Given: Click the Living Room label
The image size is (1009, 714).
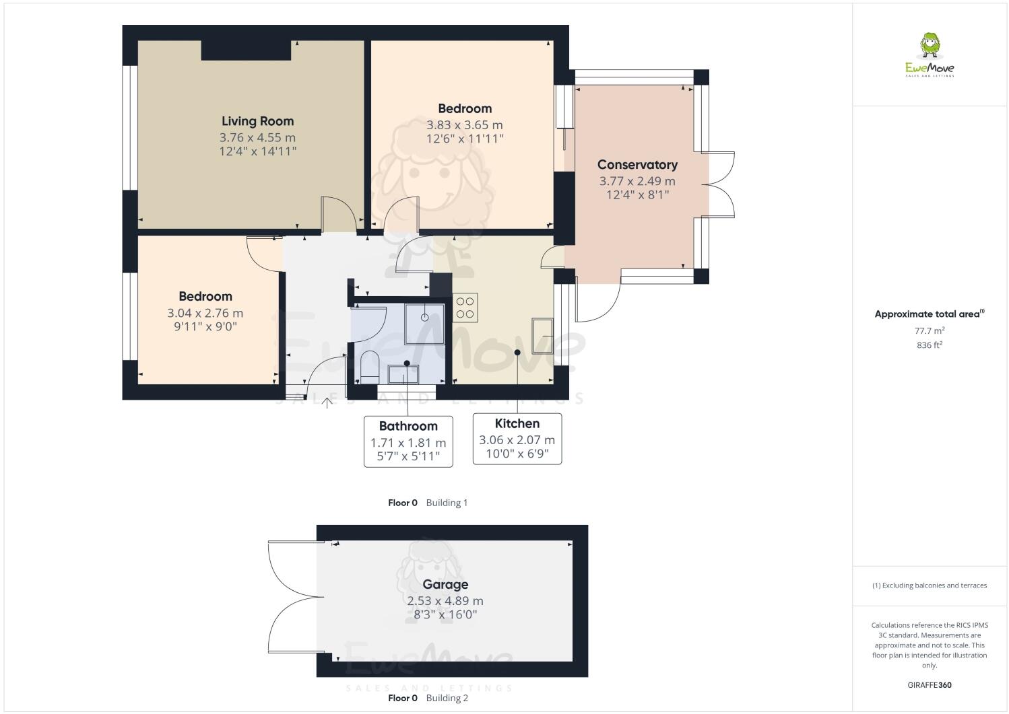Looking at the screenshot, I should click(257, 121).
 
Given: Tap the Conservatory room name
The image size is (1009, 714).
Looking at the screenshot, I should click(637, 165).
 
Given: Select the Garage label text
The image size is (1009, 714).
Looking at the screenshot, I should click(445, 584).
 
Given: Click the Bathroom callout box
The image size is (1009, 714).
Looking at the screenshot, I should click(408, 441).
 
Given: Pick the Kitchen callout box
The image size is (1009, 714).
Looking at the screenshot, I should click(517, 439).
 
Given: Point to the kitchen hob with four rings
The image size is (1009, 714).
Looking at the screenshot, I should click(465, 308).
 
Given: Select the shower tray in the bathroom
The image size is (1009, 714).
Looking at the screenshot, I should click(425, 323).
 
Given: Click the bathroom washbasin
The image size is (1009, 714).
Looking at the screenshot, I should click(403, 373).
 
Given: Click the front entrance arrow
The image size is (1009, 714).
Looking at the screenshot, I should click(328, 402).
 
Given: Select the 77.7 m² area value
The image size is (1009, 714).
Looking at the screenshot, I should click(930, 330).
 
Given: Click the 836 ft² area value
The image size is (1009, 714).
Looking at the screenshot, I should click(930, 345).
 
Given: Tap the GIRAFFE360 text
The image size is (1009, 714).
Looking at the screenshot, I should click(930, 685).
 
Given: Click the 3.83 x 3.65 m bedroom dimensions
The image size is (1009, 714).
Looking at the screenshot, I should click(464, 125).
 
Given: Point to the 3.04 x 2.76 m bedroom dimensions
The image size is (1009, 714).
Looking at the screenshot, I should click(205, 313).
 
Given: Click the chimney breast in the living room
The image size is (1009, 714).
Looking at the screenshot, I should click(246, 50).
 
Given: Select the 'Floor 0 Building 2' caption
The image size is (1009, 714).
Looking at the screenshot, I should click(428, 698).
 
